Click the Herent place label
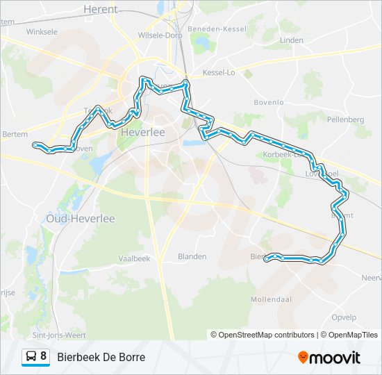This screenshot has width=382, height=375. pyautogui.click(x=101, y=9)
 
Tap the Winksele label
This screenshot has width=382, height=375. pyautogui.click(x=41, y=32)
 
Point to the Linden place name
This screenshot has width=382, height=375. pyautogui.click(x=292, y=40)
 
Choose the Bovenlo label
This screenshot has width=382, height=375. pyautogui.click(x=269, y=102)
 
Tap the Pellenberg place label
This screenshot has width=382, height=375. pyautogui.click(x=345, y=119)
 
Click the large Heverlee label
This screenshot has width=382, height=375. pyautogui.click(x=142, y=131)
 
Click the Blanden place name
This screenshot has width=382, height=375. pyautogui.click(x=192, y=256)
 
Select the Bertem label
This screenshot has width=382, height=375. pyautogui.click(x=14, y=133)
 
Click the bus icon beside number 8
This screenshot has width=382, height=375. pyautogui.click(x=31, y=357)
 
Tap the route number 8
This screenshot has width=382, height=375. pyautogui.click(x=44, y=356)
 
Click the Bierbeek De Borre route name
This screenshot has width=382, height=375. pyautogui.click(x=101, y=357)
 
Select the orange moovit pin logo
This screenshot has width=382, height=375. pyautogui.click(x=303, y=357)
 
